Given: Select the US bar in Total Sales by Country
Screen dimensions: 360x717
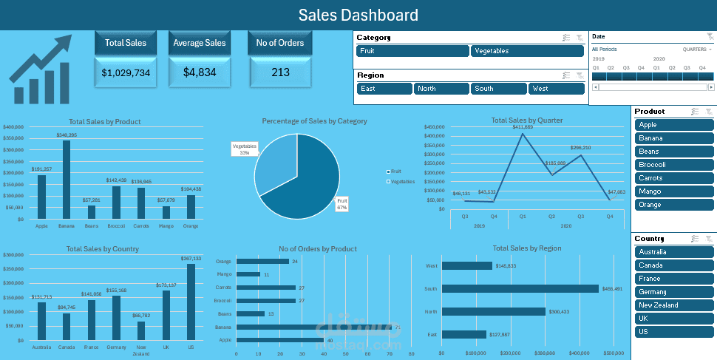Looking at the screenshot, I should tap(191, 303).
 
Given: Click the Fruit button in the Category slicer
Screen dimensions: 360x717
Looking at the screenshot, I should tap(412, 51).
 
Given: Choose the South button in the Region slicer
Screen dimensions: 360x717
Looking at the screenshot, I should tap(499, 89).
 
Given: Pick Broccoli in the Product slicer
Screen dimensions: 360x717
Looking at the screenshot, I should tap(673, 165).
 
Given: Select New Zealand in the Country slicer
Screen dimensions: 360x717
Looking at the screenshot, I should tap(673, 305).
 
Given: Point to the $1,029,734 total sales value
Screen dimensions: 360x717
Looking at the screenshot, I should tap(126, 72).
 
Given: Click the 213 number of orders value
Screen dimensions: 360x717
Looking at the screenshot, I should tap(280, 72).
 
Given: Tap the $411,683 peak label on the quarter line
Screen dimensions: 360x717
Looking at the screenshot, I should tap(523, 127).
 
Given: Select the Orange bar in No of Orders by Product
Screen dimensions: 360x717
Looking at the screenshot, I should tap(262, 261).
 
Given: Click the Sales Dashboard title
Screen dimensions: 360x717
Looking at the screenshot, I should tap(358, 15).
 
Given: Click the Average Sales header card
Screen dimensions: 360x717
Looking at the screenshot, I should tap(200, 43).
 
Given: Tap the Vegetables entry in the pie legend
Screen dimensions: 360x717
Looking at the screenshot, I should tap(401, 181).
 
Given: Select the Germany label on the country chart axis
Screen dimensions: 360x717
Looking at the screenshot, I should tap(116, 347).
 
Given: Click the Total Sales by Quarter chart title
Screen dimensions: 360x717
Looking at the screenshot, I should tap(526, 120).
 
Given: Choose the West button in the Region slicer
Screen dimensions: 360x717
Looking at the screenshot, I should tap(557, 89).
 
